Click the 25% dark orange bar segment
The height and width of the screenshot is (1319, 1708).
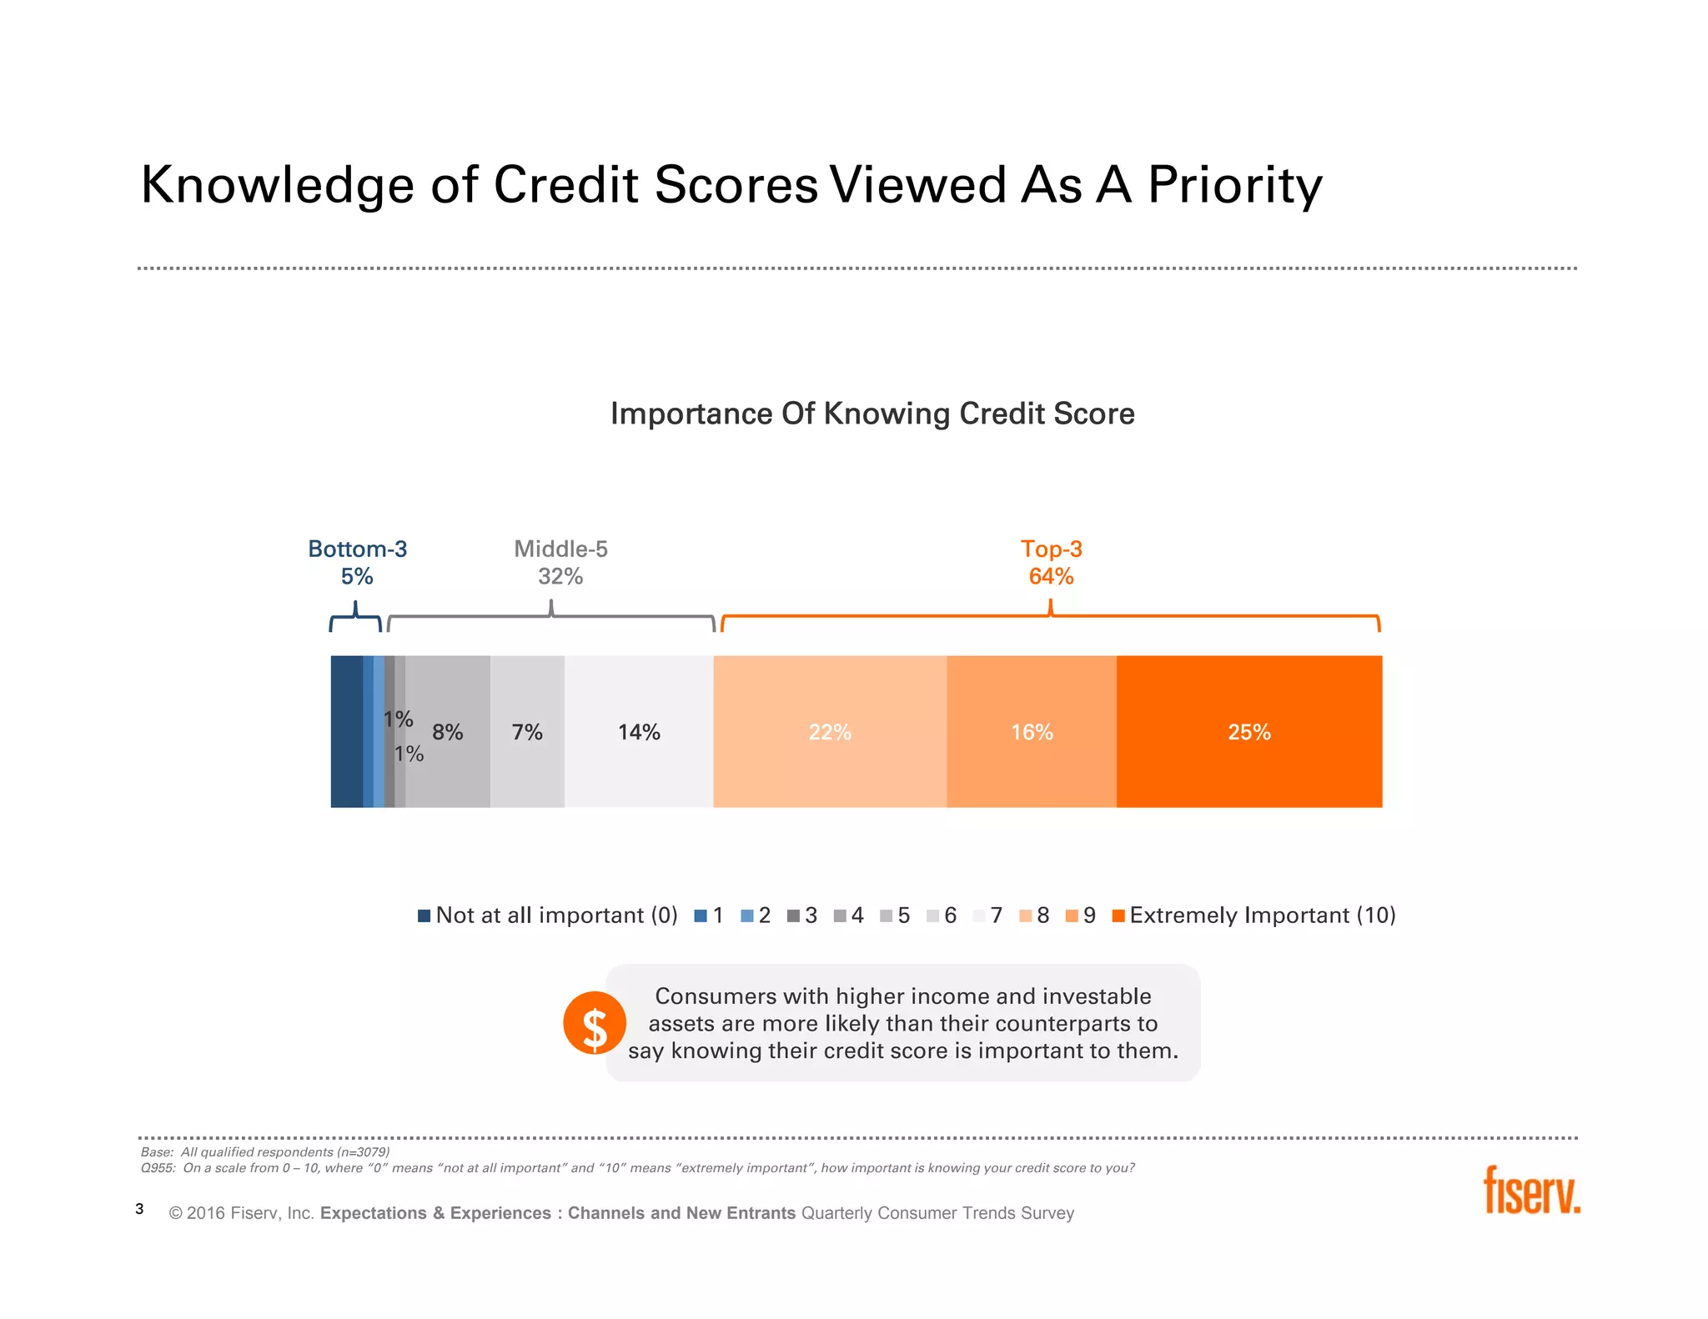(1248, 731)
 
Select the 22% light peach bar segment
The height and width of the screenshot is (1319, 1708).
(830, 731)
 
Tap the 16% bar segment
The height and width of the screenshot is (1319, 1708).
(1032, 731)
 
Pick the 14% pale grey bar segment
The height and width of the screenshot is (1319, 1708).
(639, 731)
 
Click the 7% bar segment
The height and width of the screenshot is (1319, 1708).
(527, 731)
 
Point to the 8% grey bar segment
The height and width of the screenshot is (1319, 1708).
(449, 731)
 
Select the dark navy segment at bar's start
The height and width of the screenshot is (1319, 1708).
(346, 731)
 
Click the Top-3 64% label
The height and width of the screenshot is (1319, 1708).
(1051, 562)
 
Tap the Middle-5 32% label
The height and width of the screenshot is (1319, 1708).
(560, 562)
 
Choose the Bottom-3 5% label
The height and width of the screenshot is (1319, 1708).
(357, 562)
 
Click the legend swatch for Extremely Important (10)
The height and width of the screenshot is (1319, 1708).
(1118, 915)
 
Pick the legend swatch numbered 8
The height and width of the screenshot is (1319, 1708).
(1025, 915)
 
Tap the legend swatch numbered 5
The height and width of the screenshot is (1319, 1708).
(886, 915)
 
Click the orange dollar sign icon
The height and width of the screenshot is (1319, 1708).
(594, 1023)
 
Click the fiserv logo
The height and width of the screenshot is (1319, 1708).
(1531, 1190)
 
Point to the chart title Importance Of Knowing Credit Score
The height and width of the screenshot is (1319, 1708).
(872, 414)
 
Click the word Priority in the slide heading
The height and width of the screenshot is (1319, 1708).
(1234, 185)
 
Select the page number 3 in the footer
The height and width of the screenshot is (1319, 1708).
(139, 1209)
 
